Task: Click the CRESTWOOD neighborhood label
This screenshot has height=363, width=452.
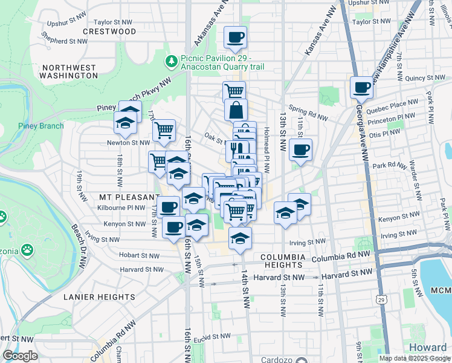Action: point(109,31)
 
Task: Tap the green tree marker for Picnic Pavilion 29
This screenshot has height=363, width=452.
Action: point(171,61)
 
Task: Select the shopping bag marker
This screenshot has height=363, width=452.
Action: point(235,110)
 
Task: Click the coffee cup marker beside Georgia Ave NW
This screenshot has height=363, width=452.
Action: point(362,87)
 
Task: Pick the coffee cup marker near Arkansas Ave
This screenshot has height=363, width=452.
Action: point(235,38)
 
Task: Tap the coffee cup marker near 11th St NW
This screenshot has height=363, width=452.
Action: point(300,150)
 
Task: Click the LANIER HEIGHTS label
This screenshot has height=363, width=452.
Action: point(98,297)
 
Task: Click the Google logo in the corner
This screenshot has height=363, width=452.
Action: point(20,356)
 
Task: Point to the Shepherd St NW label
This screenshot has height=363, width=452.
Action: point(65,41)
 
